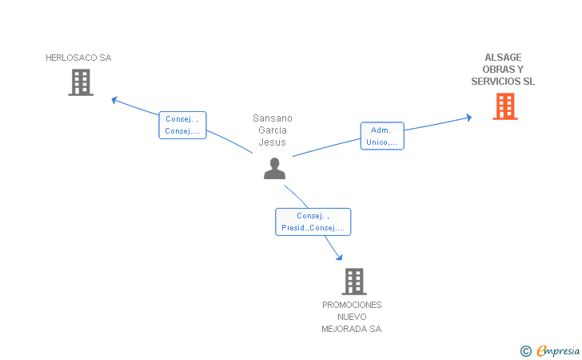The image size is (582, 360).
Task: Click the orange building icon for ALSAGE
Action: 505,106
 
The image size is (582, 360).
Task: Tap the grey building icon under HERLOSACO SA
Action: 81,82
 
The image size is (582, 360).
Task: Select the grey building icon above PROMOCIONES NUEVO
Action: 354,282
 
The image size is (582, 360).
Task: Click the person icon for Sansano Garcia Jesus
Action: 275,168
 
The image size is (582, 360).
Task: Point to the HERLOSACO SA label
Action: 78,58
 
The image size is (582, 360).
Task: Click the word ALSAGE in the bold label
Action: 503,58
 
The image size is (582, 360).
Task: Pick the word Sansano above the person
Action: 273,118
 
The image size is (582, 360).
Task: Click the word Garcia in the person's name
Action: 273,130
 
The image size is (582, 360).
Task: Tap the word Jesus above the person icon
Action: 273,142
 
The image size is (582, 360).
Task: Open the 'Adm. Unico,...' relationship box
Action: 382,136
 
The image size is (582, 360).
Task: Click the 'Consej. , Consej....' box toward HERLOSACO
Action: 182,126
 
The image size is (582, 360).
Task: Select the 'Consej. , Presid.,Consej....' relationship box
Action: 313,222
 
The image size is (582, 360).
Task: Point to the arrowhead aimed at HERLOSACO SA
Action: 114,99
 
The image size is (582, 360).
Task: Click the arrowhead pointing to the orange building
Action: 468,118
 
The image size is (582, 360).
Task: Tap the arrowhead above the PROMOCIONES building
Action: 339,257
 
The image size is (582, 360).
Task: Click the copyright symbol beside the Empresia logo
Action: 526,351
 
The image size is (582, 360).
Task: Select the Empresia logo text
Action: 558,350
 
